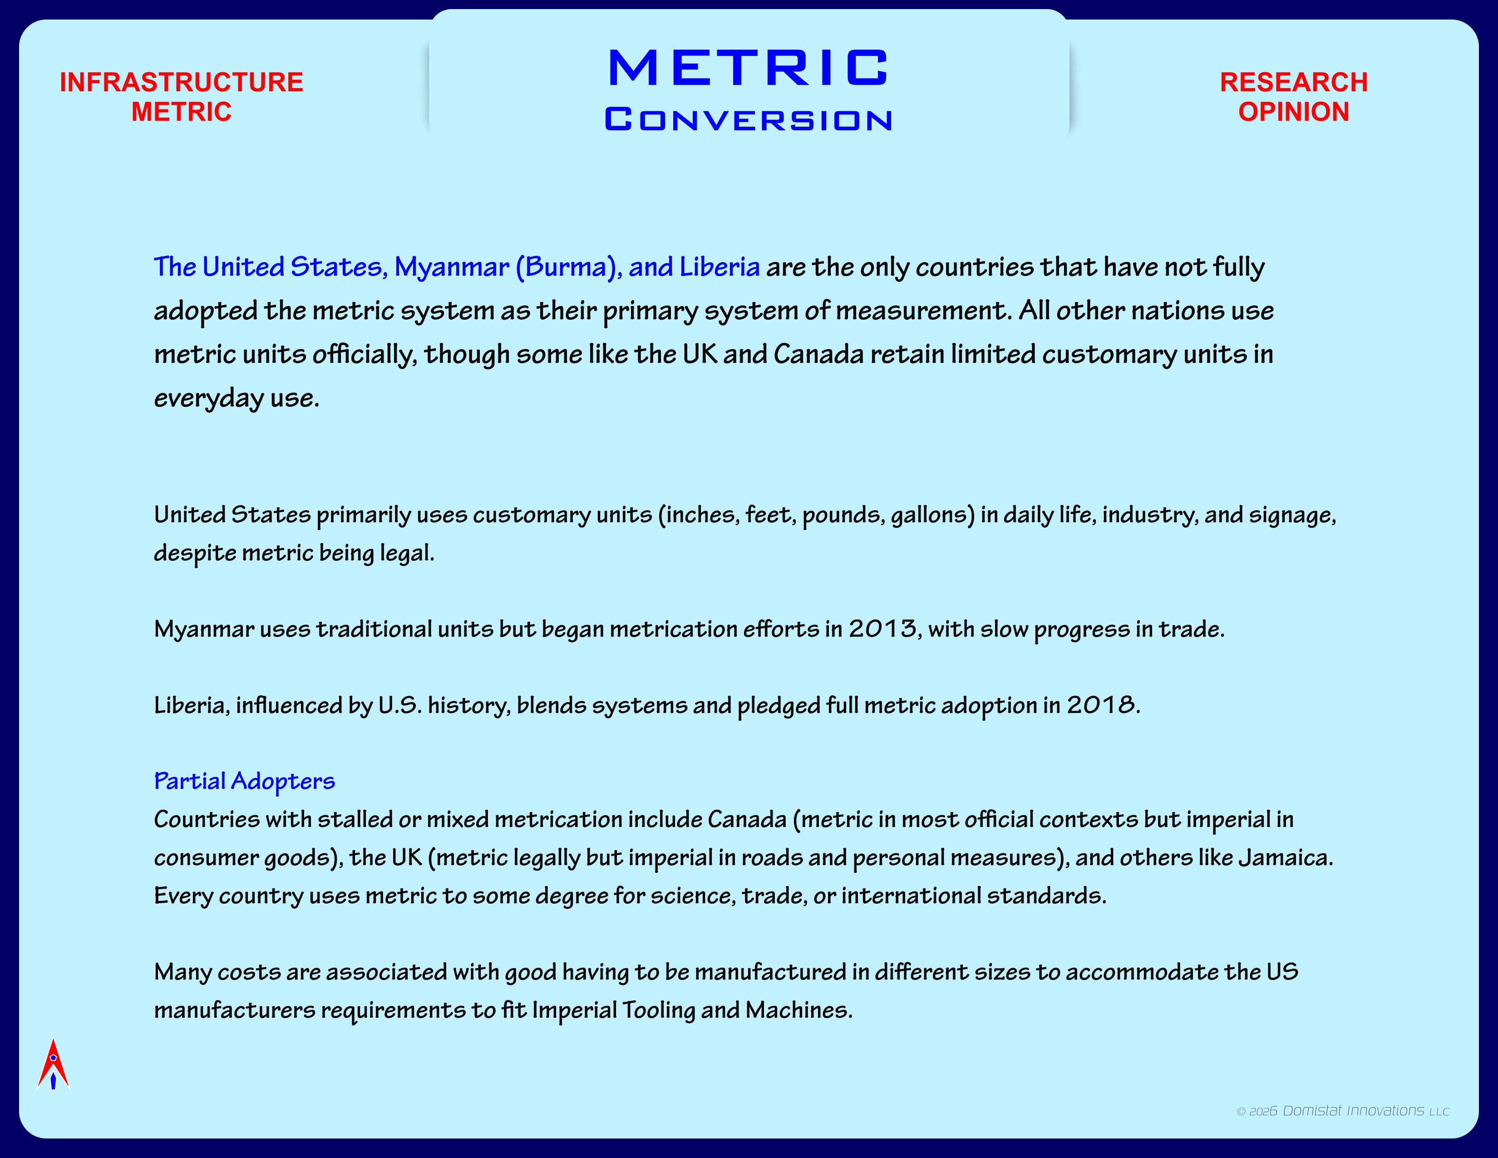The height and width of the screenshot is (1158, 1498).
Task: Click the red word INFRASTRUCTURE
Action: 181,82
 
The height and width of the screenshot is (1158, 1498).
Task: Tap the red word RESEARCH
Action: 1294,82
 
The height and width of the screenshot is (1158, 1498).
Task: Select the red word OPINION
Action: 1294,112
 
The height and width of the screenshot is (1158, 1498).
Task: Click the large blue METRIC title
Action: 748,68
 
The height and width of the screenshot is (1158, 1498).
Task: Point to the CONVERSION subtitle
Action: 748,120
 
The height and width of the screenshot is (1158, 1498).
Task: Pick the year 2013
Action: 882,628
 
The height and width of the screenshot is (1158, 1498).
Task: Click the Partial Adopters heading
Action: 244,781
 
